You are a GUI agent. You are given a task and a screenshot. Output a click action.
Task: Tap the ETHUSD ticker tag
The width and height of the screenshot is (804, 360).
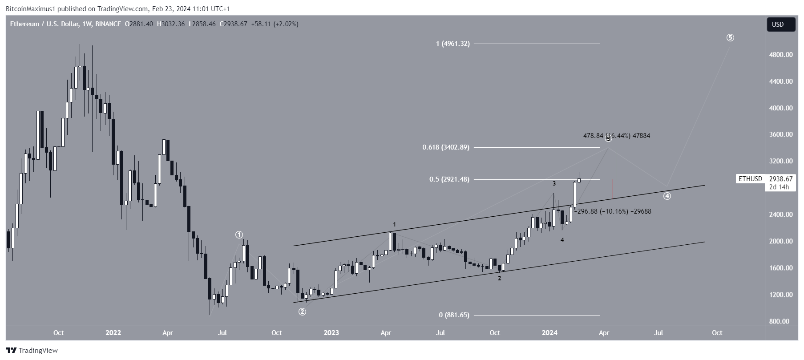(750, 179)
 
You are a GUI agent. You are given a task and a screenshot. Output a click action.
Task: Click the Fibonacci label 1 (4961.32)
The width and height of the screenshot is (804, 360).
(453, 44)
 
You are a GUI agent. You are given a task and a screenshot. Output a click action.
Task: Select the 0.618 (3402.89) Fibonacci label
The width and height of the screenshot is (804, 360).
(445, 147)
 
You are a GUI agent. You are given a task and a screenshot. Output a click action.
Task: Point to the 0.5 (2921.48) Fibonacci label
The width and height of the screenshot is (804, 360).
(449, 179)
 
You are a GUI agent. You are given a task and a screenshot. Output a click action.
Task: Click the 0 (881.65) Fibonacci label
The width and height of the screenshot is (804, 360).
(454, 315)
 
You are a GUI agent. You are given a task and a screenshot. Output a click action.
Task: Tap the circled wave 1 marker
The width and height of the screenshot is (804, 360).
(239, 235)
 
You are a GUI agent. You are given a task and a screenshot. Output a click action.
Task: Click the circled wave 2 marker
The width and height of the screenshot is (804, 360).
(302, 311)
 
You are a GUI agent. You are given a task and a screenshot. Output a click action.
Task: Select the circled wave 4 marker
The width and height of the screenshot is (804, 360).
(667, 196)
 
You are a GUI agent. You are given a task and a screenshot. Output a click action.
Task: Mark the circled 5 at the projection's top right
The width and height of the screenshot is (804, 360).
(730, 38)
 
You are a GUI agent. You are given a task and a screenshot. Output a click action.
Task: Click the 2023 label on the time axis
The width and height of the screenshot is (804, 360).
(331, 333)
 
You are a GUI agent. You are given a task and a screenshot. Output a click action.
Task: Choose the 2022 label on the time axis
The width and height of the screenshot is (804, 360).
(113, 333)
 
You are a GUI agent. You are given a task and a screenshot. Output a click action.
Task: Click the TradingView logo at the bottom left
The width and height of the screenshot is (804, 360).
(32, 351)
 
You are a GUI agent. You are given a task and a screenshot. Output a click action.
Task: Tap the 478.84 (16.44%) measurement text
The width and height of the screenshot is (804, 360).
(616, 136)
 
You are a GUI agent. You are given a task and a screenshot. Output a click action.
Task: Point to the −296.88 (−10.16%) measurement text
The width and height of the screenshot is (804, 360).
(612, 211)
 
